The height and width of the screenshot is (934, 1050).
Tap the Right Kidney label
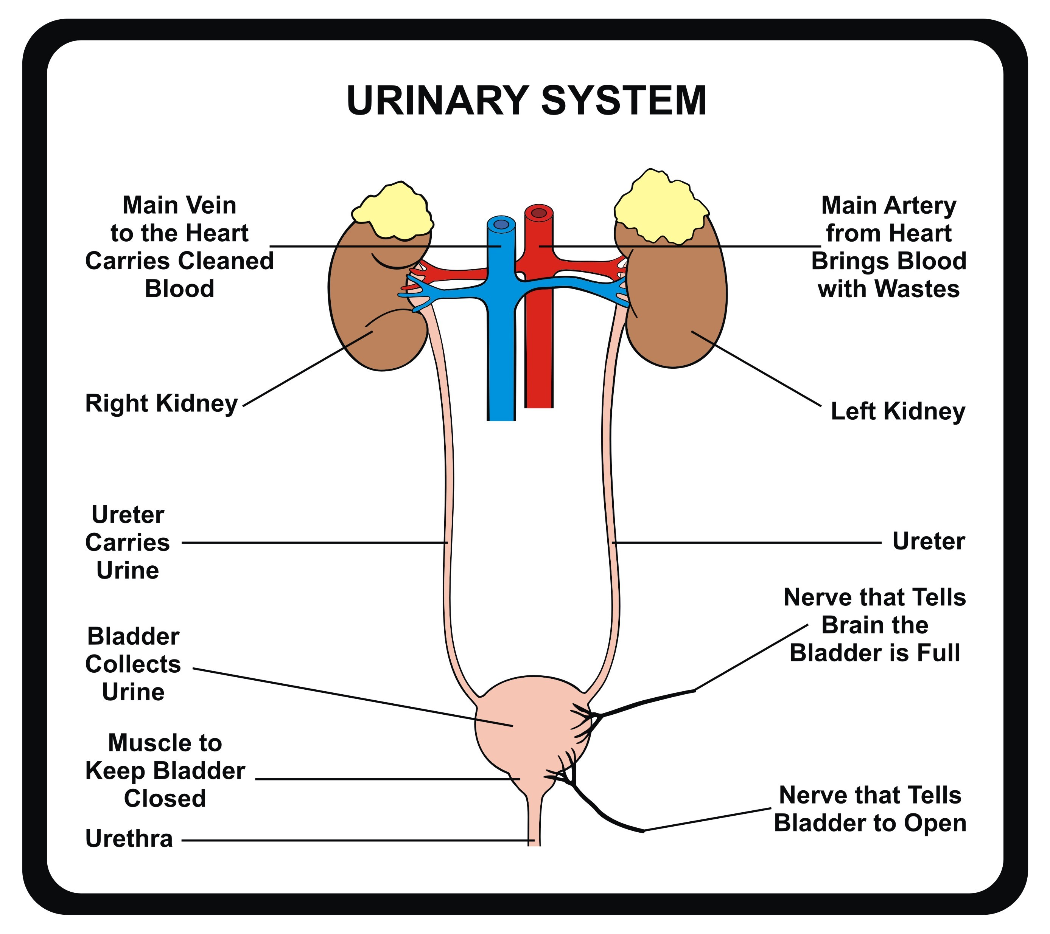tap(161, 403)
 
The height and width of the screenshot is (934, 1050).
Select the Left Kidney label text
tap(898, 412)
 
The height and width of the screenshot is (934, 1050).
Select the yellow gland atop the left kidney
tap(660, 208)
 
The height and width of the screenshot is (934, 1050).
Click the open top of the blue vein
tap(501, 224)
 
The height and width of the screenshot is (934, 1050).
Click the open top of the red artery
tap(539, 213)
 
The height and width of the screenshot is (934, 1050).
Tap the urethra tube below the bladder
tap(534, 822)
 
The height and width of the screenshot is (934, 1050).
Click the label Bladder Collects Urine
tap(133, 664)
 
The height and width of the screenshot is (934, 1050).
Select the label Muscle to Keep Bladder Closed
tap(165, 771)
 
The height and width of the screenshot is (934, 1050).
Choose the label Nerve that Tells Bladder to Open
tap(870, 809)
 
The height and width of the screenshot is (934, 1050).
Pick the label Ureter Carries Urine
tap(128, 543)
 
